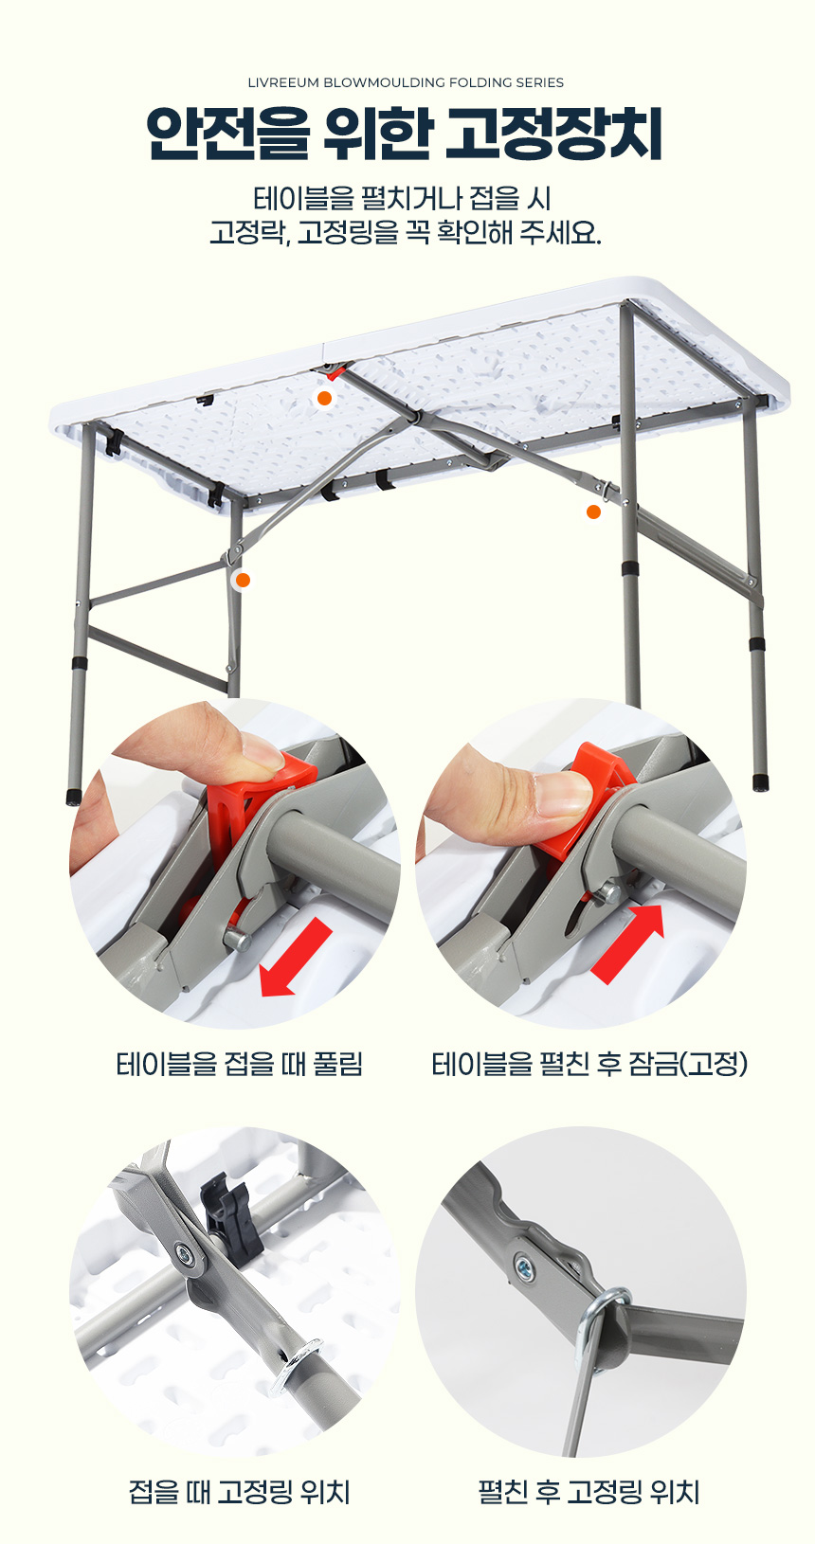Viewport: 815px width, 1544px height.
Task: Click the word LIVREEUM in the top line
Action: (x=282, y=82)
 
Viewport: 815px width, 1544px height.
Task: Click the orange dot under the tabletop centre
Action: (x=324, y=399)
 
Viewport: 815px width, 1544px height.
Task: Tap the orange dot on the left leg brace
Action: (x=242, y=581)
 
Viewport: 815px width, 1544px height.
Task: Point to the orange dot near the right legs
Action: (x=593, y=512)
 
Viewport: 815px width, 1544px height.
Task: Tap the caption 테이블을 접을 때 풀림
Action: (x=239, y=1064)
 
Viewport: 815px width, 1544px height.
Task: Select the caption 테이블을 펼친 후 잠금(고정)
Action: (x=589, y=1064)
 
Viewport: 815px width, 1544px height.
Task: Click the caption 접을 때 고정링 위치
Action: (x=239, y=1492)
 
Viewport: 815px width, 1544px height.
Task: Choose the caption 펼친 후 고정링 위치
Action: (x=589, y=1492)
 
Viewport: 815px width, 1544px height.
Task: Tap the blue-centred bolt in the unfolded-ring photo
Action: (x=524, y=1266)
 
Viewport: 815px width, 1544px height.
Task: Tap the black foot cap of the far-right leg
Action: (x=761, y=781)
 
